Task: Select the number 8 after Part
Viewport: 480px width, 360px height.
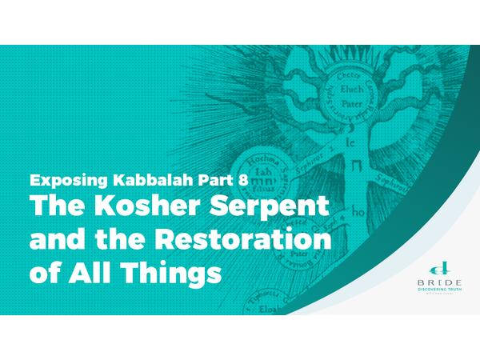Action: pos(243,179)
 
